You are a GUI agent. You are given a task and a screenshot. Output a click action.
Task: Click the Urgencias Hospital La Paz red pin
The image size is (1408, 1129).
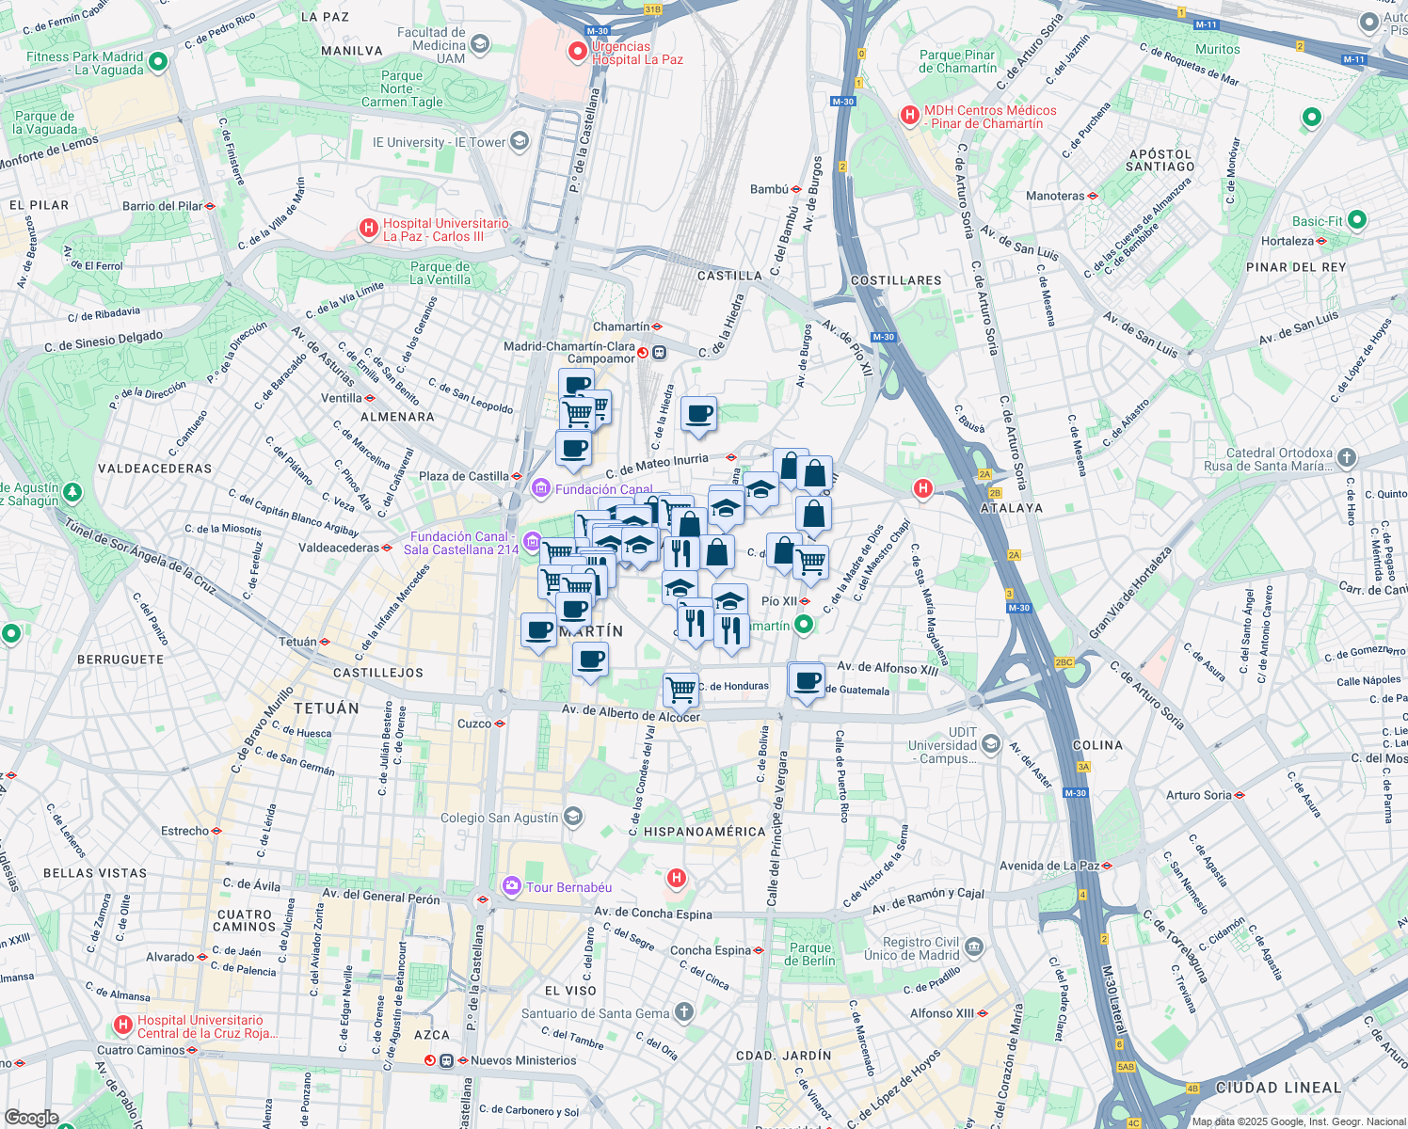pyautogui.click(x=577, y=52)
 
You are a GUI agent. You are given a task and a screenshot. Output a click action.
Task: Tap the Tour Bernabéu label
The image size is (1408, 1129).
pyautogui.click(x=568, y=887)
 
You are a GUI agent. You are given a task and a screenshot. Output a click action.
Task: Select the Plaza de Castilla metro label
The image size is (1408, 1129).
pyautogui.click(x=463, y=476)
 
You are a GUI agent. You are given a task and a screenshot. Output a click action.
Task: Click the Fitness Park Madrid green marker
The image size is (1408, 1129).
pyautogui.click(x=158, y=62)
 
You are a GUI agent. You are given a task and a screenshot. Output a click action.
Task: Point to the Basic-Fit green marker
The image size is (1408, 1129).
pyautogui.click(x=1356, y=220)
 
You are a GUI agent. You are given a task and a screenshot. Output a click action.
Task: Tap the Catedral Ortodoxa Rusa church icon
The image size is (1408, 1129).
pyautogui.click(x=1347, y=458)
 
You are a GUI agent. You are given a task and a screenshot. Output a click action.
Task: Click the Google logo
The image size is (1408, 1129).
pyautogui.click(x=31, y=1118)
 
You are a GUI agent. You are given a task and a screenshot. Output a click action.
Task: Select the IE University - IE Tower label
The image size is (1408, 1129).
pyautogui.click(x=439, y=142)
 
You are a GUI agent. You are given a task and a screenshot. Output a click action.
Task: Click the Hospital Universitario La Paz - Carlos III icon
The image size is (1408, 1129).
pyautogui.click(x=369, y=229)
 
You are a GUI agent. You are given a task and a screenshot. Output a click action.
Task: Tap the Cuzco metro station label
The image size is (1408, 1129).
pyautogui.click(x=474, y=724)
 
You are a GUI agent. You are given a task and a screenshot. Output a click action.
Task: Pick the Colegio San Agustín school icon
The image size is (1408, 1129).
pyautogui.click(x=574, y=817)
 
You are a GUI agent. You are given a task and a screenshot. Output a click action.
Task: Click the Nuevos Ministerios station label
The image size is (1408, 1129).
pyautogui.click(x=523, y=1060)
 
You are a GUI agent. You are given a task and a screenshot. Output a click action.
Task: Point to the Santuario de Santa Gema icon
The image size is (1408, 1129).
pyautogui.click(x=684, y=1012)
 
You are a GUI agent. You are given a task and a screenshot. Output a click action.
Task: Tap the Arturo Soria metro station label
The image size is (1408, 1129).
pyautogui.click(x=1198, y=795)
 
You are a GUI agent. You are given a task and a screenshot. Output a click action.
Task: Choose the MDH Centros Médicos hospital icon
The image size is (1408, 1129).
pyautogui.click(x=909, y=116)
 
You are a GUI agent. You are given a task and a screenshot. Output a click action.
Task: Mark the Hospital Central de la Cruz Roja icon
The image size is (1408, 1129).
pyautogui.click(x=122, y=1025)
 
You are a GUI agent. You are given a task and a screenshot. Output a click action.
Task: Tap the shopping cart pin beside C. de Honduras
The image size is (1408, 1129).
pyautogui.click(x=680, y=690)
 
